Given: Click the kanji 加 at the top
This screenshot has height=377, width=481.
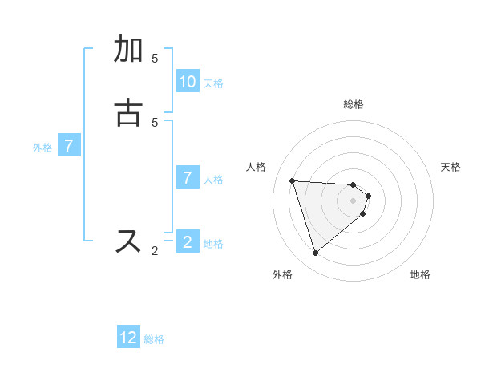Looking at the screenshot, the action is [x=129, y=50].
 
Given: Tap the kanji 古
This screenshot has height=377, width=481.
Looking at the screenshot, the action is [x=129, y=112].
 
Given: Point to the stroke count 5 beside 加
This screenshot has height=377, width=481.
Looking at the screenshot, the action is [x=155, y=59].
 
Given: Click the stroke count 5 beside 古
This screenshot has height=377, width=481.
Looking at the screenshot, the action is [x=155, y=122].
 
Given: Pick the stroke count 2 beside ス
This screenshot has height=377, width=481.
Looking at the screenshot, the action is [x=155, y=251].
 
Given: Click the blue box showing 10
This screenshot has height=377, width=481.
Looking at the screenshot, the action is [x=188, y=81].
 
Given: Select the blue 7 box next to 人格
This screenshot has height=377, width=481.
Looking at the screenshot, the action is [x=188, y=178].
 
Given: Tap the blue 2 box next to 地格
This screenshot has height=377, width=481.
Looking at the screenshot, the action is [x=188, y=241].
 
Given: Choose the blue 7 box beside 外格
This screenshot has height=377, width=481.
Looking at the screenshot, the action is [x=69, y=146].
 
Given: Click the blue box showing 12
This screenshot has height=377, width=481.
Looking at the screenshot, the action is [x=128, y=338].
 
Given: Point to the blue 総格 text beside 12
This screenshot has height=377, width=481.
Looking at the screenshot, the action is [x=154, y=339].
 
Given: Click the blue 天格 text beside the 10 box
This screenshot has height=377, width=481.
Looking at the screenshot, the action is [x=213, y=83].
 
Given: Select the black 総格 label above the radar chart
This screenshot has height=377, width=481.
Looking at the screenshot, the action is [x=354, y=104].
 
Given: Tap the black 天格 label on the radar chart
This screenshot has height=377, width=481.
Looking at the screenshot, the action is [x=451, y=167].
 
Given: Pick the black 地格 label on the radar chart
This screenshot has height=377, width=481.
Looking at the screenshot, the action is [x=420, y=274].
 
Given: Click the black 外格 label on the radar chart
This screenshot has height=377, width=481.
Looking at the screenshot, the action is [x=282, y=274].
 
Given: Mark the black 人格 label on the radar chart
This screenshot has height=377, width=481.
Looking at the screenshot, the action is [x=257, y=167].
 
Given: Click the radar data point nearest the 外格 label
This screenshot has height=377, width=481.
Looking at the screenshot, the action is [x=315, y=253].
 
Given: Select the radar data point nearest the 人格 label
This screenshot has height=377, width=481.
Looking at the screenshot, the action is [x=293, y=180].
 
